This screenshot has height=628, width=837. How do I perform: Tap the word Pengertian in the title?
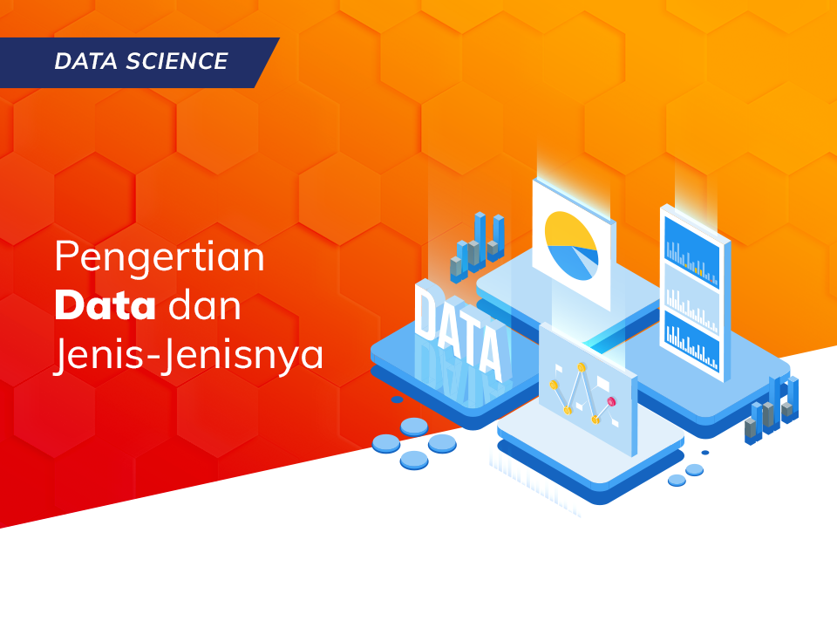click(160, 259)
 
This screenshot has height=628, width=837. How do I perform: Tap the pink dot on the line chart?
click(611, 401)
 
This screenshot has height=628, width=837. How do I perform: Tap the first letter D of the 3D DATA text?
click(426, 312)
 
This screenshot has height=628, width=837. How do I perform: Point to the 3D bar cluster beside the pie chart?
click(478, 245)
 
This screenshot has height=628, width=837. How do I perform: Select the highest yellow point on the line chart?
click(581, 367)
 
